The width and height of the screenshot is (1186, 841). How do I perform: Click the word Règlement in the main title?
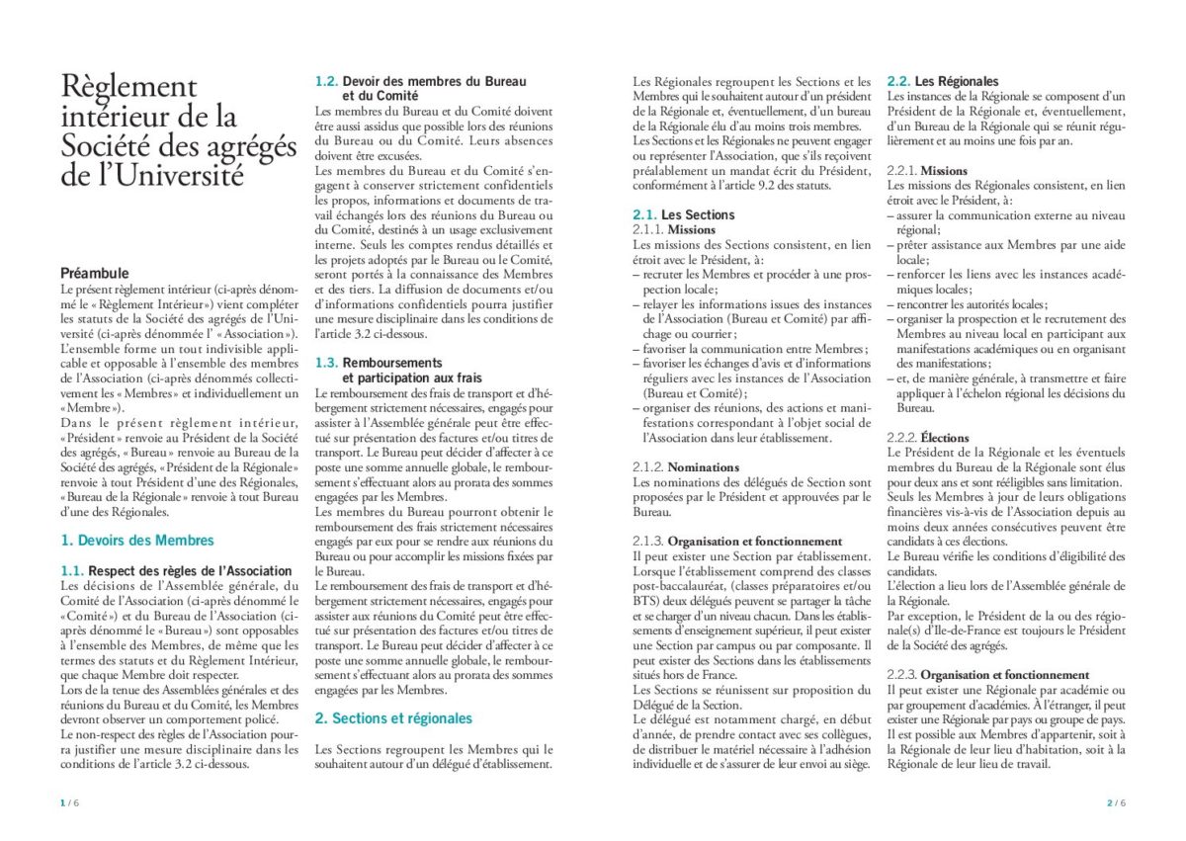[x=128, y=87]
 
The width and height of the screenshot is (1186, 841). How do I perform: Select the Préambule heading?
[x=95, y=273]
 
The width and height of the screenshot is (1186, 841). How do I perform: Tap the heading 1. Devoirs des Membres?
[x=137, y=541]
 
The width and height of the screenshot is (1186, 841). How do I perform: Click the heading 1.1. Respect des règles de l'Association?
[x=176, y=571]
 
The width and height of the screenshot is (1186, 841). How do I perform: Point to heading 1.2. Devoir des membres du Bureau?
[x=420, y=81]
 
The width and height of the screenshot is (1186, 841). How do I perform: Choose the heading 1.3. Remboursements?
[x=379, y=363]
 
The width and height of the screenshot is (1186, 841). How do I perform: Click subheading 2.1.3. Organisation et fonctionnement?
[x=737, y=542]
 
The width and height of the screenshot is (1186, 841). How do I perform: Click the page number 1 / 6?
[x=69, y=802]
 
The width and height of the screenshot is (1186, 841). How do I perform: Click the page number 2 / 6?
[x=1115, y=802]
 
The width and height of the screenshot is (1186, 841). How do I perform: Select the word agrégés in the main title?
[x=241, y=147]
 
